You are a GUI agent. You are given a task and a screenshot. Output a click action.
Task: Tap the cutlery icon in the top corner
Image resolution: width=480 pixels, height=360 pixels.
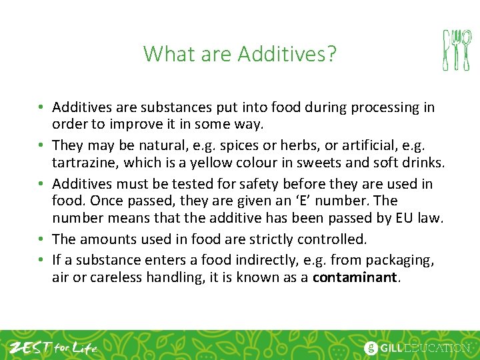457,50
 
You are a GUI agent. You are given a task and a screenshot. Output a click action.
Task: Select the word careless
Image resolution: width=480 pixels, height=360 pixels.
117,278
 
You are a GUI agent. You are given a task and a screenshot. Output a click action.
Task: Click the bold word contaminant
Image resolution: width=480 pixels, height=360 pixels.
356,278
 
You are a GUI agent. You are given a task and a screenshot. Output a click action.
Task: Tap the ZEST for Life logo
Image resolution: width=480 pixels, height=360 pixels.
53,347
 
